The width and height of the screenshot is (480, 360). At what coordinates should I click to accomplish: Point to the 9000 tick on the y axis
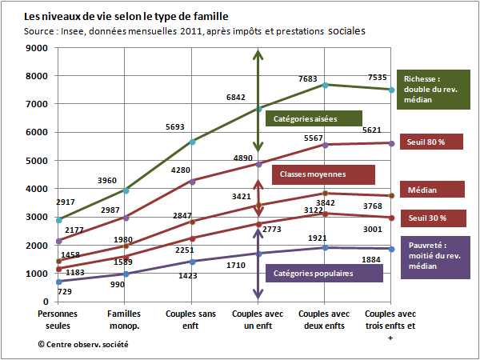point(37,48)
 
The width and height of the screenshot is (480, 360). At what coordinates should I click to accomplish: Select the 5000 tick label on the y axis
point(37,161)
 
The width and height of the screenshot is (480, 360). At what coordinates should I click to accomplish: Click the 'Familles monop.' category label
point(124,319)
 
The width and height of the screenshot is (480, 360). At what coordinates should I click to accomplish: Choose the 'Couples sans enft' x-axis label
point(190,319)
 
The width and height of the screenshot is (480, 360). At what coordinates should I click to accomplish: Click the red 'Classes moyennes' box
point(323,174)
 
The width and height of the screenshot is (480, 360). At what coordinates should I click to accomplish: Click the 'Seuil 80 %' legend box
point(430,142)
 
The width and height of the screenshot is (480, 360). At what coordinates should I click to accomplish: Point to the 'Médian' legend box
point(430,190)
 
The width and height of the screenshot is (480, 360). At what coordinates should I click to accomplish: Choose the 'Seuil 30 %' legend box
point(430,218)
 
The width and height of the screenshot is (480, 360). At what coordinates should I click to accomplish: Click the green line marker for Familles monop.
point(124,190)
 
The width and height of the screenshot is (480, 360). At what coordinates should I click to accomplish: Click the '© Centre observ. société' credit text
point(82,344)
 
